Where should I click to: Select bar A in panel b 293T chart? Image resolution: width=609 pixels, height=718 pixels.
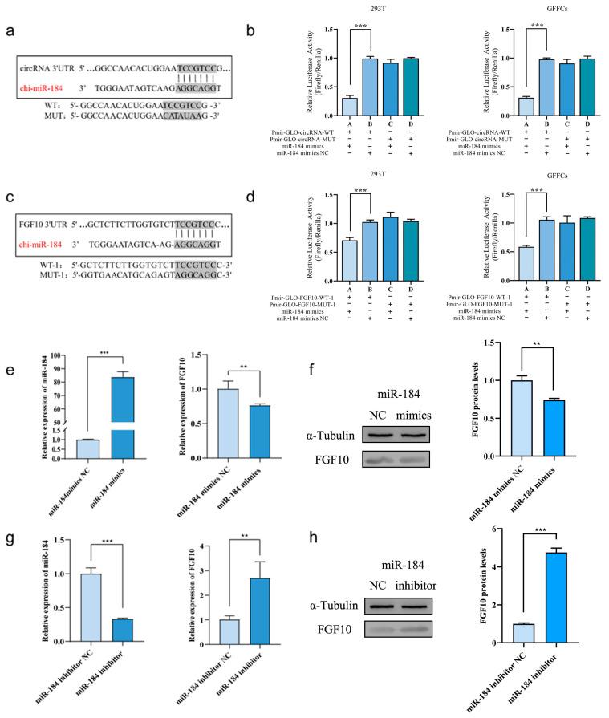(350, 107)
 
